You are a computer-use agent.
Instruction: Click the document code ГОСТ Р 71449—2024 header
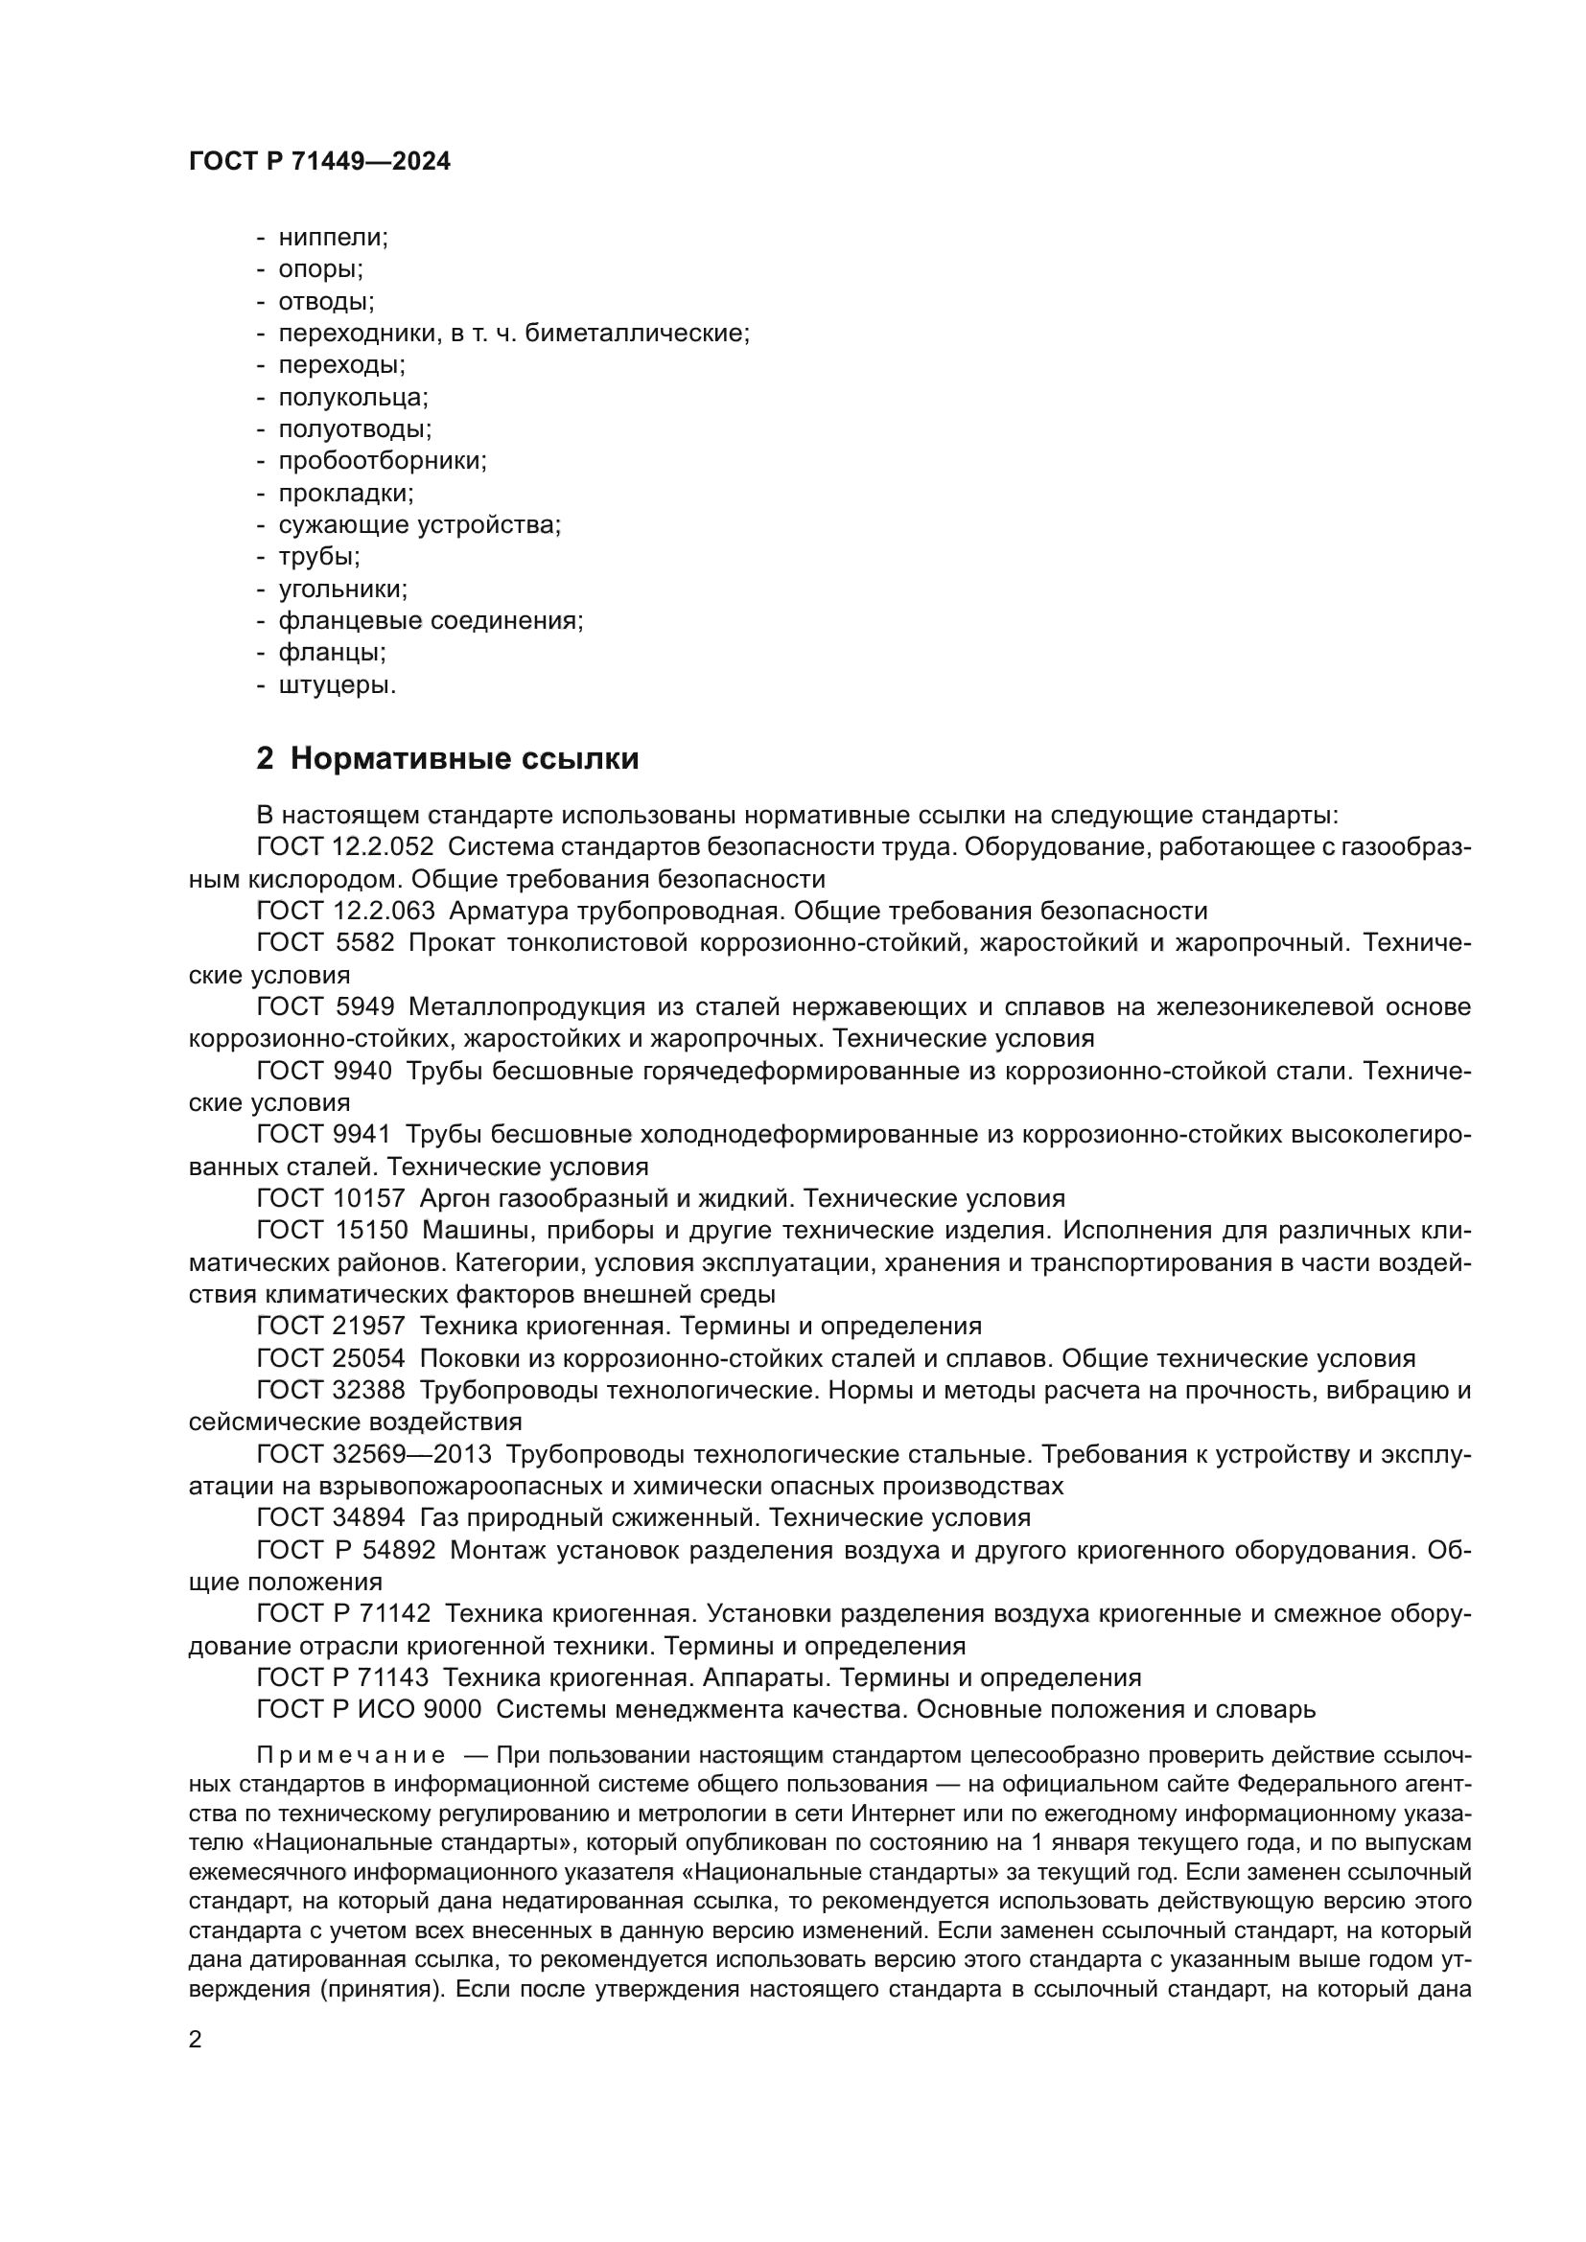(319, 162)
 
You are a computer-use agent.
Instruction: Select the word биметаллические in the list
(637, 333)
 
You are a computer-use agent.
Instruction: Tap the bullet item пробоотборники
(382, 461)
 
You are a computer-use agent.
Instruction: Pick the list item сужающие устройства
(420, 525)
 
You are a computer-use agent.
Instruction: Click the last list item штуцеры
(337, 685)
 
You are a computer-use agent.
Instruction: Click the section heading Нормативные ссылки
(464, 759)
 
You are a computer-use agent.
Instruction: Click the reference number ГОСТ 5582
(325, 943)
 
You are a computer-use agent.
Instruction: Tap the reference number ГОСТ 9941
(323, 1135)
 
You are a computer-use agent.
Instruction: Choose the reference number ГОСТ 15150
(330, 1231)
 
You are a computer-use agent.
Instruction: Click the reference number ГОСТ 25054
(330, 1358)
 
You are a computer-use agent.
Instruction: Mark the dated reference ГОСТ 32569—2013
(374, 1454)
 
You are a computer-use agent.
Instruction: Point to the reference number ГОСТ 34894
(330, 1517)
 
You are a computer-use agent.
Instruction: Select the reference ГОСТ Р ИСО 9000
(368, 1710)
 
